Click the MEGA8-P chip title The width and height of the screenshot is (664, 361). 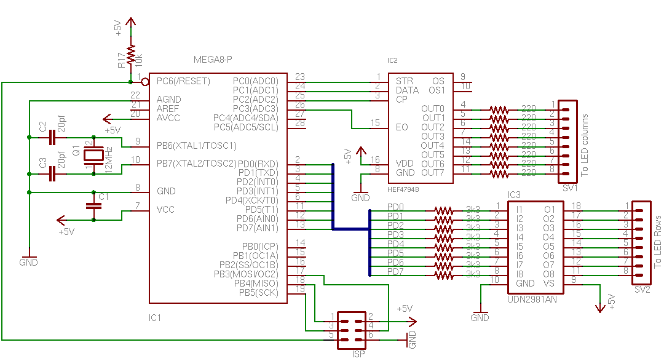click(x=213, y=60)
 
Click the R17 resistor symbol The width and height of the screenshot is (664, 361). click(x=130, y=55)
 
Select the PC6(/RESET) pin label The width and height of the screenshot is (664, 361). click(x=183, y=81)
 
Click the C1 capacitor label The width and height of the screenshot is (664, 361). click(x=104, y=196)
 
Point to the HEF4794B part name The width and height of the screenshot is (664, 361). click(x=403, y=189)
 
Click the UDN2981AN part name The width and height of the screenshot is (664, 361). click(x=532, y=300)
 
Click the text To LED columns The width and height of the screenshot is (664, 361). click(x=585, y=145)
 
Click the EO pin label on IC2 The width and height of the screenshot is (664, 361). click(x=401, y=127)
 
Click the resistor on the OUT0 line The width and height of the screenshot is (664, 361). click(x=499, y=109)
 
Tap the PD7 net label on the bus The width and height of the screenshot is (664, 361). click(x=395, y=271)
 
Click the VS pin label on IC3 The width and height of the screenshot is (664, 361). click(x=549, y=284)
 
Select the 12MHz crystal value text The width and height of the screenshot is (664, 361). click(x=109, y=159)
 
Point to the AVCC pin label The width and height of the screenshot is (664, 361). click(x=168, y=117)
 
